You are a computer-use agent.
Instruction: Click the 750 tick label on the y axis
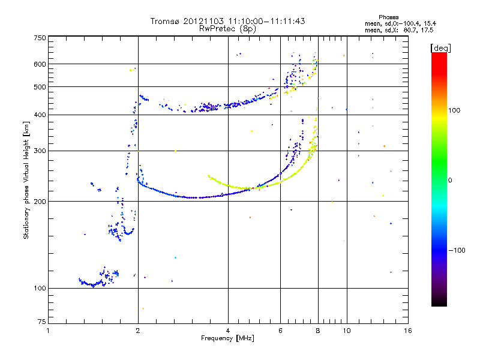tap(40, 37)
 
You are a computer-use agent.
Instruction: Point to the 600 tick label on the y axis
tap(40, 64)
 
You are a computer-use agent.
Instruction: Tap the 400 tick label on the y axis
tap(40, 115)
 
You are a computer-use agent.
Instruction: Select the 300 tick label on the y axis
tap(40, 150)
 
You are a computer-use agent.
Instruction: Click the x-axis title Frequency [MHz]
tap(227, 338)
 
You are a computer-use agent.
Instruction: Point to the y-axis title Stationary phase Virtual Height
tap(26, 180)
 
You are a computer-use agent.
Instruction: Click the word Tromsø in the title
tap(165, 21)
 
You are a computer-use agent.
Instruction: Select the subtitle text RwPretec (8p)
tap(228, 28)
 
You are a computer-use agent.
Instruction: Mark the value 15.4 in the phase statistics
tap(427, 23)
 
